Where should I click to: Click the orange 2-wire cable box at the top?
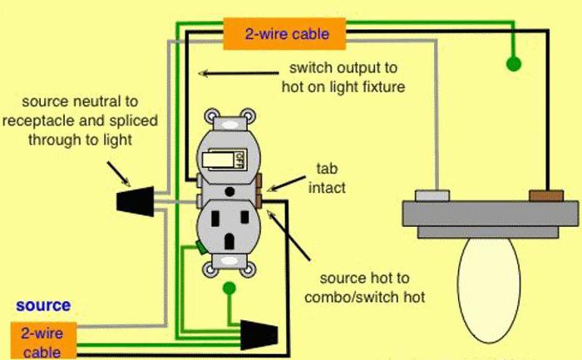tap(285, 35)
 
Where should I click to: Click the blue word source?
tap(43, 306)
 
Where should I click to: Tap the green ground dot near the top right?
tap(514, 62)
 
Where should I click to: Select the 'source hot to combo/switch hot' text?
tap(366, 288)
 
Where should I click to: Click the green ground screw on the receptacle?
tap(200, 247)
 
